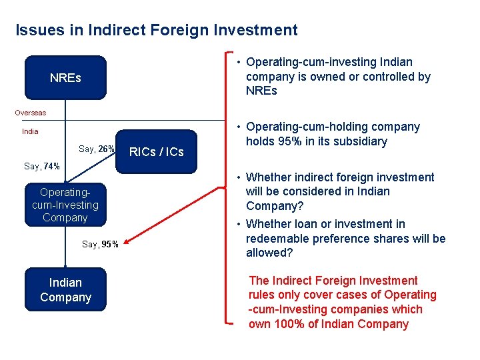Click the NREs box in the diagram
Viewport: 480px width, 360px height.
(65, 78)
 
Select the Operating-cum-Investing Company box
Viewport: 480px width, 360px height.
(65, 205)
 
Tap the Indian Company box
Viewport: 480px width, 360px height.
(65, 290)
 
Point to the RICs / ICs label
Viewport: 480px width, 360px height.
(156, 152)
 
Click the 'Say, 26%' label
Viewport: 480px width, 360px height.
(97, 149)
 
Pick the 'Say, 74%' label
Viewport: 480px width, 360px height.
(42, 166)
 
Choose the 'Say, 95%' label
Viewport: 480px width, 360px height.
(100, 244)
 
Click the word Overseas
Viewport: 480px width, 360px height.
(31, 113)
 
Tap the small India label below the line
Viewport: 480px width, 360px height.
(30, 131)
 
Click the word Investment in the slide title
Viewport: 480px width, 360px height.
(258, 30)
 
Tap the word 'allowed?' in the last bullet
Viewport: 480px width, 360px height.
(269, 253)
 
